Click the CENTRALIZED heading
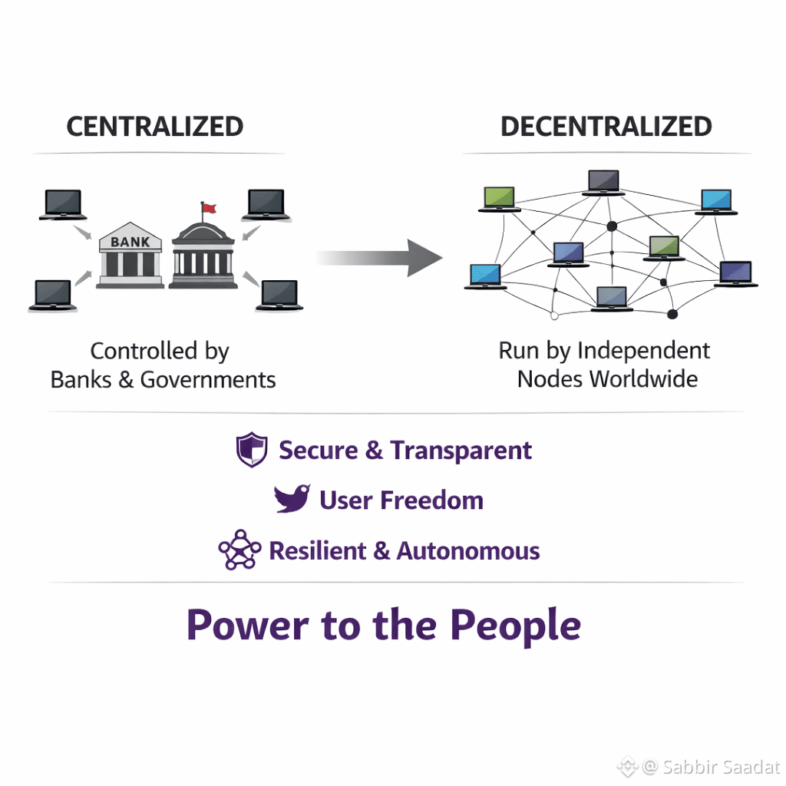(154, 127)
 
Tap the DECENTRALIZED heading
(606, 127)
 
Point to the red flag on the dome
(209, 207)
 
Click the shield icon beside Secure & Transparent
(251, 451)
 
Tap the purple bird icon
(292, 499)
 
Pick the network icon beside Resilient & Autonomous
(239, 550)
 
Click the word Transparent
(461, 451)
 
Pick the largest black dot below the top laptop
(612, 226)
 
